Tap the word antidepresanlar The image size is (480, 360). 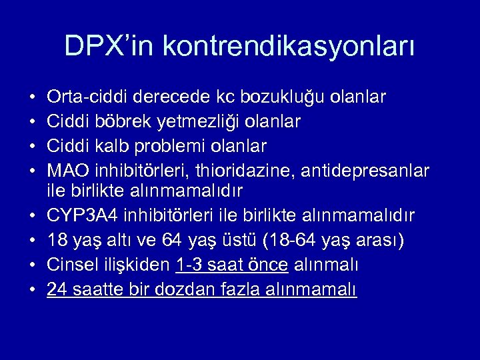pos(369,169)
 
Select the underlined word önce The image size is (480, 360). pos(267,265)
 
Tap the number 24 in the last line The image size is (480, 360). pos(57,289)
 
